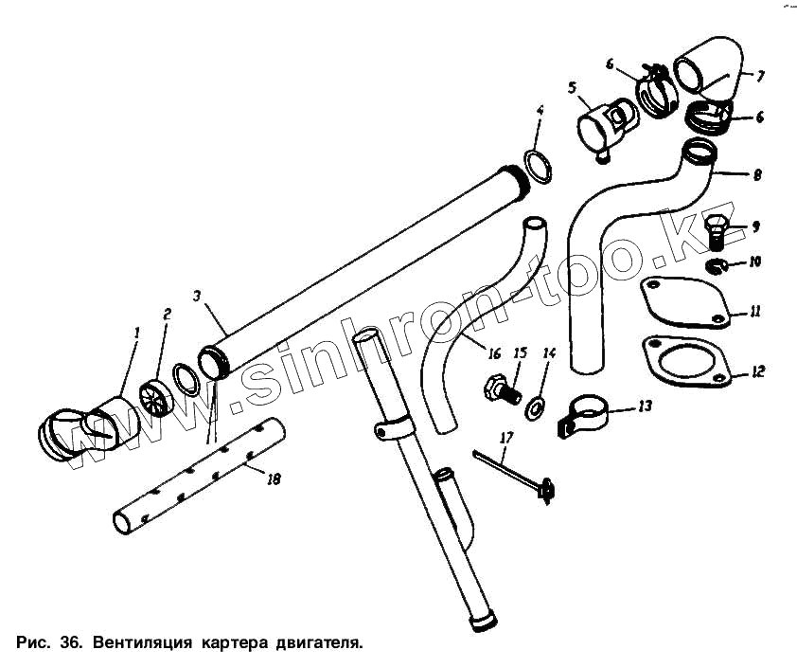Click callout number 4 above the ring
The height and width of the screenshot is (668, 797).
pos(539,111)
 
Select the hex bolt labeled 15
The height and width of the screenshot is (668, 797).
pos(498,388)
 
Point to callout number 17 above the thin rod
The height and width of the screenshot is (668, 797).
pos(506,438)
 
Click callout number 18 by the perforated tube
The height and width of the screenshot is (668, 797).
pos(274,479)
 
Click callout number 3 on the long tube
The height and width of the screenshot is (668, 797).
pos(196,297)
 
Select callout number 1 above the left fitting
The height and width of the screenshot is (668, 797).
pos(136,333)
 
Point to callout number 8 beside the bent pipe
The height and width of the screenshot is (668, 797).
pos(757,175)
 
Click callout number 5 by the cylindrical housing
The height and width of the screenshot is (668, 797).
pos(572,87)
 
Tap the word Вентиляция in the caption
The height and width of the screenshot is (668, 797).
pos(138,642)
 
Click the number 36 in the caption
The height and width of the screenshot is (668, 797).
pos(69,642)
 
